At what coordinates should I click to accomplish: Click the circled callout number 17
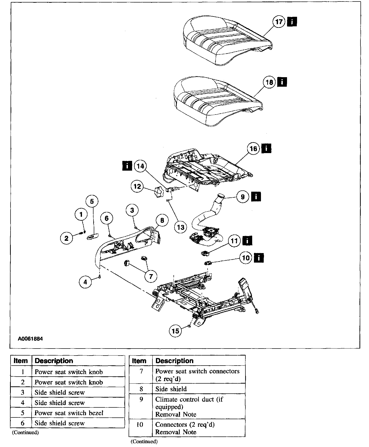279,22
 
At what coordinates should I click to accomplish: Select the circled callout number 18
269,82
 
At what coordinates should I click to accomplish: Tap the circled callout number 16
253,149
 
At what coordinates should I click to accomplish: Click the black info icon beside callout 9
256,196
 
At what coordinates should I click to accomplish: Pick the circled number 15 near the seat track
175,331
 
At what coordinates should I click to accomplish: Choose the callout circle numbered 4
85,282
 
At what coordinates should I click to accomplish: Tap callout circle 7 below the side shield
151,276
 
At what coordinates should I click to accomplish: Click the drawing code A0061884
30,339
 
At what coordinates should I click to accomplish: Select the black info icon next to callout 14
127,166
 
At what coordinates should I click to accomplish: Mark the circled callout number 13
181,227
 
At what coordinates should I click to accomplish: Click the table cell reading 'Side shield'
171,389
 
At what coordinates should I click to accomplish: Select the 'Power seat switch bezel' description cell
69,413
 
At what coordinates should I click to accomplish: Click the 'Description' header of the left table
54,361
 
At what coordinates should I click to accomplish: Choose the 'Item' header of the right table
139,361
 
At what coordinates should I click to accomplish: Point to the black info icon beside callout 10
259,258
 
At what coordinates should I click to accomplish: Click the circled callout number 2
66,238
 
